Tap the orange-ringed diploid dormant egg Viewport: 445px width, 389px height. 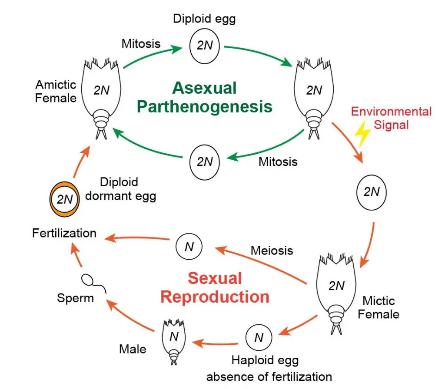point(63,200)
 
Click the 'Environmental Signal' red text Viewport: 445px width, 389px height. point(391,118)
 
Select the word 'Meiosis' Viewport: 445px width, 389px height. point(272,251)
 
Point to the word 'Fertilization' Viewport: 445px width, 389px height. point(64,233)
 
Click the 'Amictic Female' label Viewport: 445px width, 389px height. point(56,91)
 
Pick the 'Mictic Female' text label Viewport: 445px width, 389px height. point(379,307)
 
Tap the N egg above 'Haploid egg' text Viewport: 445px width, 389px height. point(259,337)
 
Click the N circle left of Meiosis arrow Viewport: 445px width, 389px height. point(189,247)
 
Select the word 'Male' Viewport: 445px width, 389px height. point(133,349)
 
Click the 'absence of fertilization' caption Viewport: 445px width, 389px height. point(269,376)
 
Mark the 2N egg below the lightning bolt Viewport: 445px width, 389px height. point(371,192)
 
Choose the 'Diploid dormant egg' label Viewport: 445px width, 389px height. point(120,189)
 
